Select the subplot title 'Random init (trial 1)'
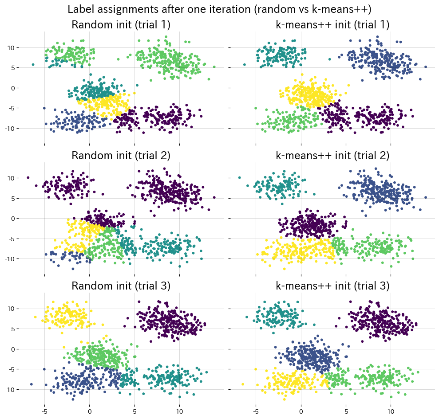121,25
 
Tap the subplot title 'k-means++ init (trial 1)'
332,25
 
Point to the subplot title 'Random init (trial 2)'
121,156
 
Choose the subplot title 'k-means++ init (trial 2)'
332,156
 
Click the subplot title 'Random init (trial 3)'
121,286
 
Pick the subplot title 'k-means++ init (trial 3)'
332,286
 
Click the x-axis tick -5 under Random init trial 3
44,411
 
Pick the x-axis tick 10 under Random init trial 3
179,411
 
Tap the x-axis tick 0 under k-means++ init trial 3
301,411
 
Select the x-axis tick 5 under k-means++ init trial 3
346,411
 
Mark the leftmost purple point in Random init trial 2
28,177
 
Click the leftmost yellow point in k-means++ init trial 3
243,384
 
